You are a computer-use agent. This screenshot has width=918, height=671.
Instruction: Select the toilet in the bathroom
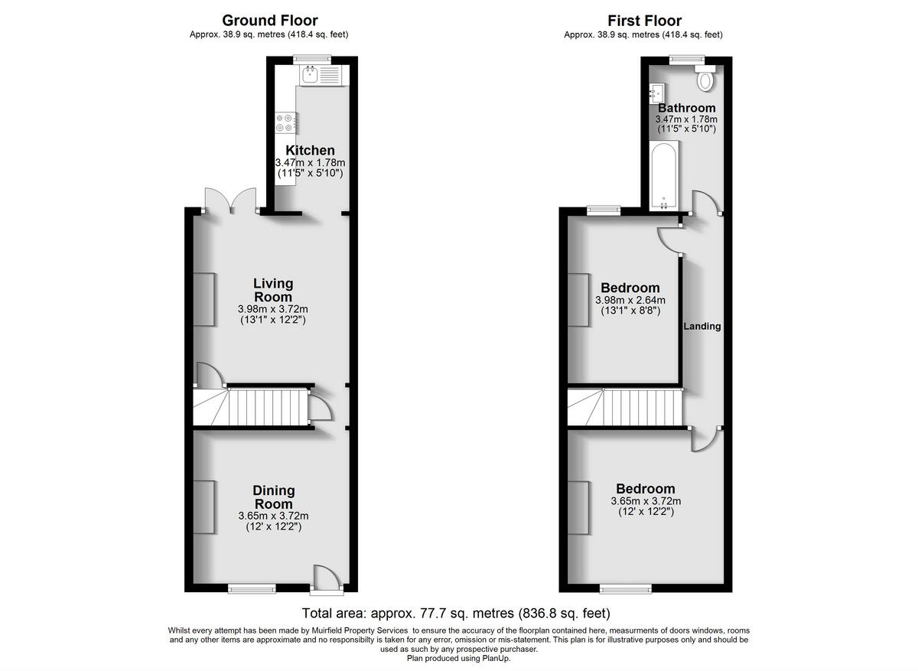(705, 79)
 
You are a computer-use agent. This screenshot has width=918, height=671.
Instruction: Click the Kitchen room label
(310, 150)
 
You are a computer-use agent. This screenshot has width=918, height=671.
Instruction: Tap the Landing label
(702, 326)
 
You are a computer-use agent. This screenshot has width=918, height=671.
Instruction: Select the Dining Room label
(274, 497)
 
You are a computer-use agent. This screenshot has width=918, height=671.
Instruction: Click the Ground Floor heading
(270, 21)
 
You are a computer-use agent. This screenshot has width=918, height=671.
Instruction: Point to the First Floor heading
(644, 21)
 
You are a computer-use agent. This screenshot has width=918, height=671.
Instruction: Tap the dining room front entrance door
(326, 580)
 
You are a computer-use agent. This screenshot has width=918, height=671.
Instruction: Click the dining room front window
(252, 588)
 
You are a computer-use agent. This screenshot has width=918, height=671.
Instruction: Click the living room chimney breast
(203, 298)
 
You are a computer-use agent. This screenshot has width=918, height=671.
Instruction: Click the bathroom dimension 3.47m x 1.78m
(686, 120)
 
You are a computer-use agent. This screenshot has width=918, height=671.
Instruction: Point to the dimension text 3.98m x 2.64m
(630, 301)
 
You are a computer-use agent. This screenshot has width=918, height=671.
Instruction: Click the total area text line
(456, 613)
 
